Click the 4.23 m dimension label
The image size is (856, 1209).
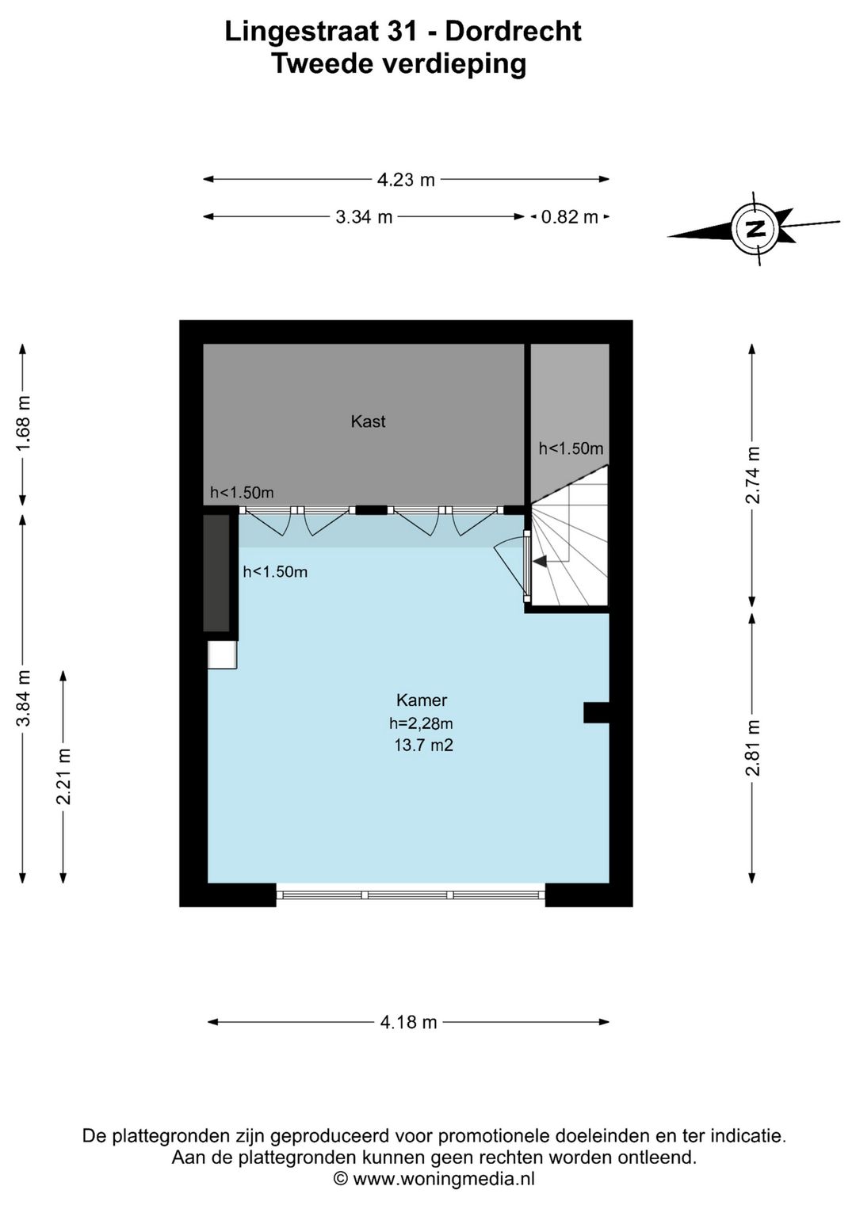point(406,180)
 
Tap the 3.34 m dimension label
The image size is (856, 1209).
point(364,218)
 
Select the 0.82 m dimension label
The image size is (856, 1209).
point(570,218)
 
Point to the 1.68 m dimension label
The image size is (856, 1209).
point(23,423)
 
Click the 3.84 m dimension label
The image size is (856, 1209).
point(23,698)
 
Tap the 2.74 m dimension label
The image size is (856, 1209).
point(752,475)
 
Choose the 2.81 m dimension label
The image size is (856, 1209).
point(752,748)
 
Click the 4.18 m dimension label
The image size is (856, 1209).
point(408,1022)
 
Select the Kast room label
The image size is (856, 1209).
point(369,421)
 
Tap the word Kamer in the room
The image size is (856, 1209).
point(422,700)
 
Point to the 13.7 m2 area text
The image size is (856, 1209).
point(424,746)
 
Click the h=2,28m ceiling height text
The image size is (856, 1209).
point(421,723)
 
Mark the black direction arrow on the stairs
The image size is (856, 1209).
point(540,561)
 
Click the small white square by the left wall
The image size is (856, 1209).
point(222,654)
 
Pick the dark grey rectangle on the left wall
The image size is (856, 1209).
point(216,573)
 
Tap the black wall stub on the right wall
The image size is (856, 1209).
point(596,712)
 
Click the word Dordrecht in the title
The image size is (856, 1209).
point(513,32)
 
